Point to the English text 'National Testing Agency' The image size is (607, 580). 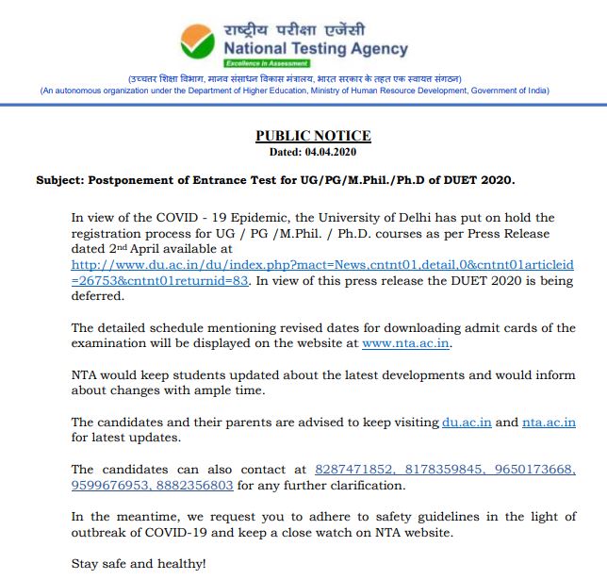tap(316, 48)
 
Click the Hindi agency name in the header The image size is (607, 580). tap(295, 28)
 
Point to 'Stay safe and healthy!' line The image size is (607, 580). tap(138, 563)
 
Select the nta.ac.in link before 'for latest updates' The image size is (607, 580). tap(549, 423)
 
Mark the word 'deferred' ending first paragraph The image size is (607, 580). tap(97, 296)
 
